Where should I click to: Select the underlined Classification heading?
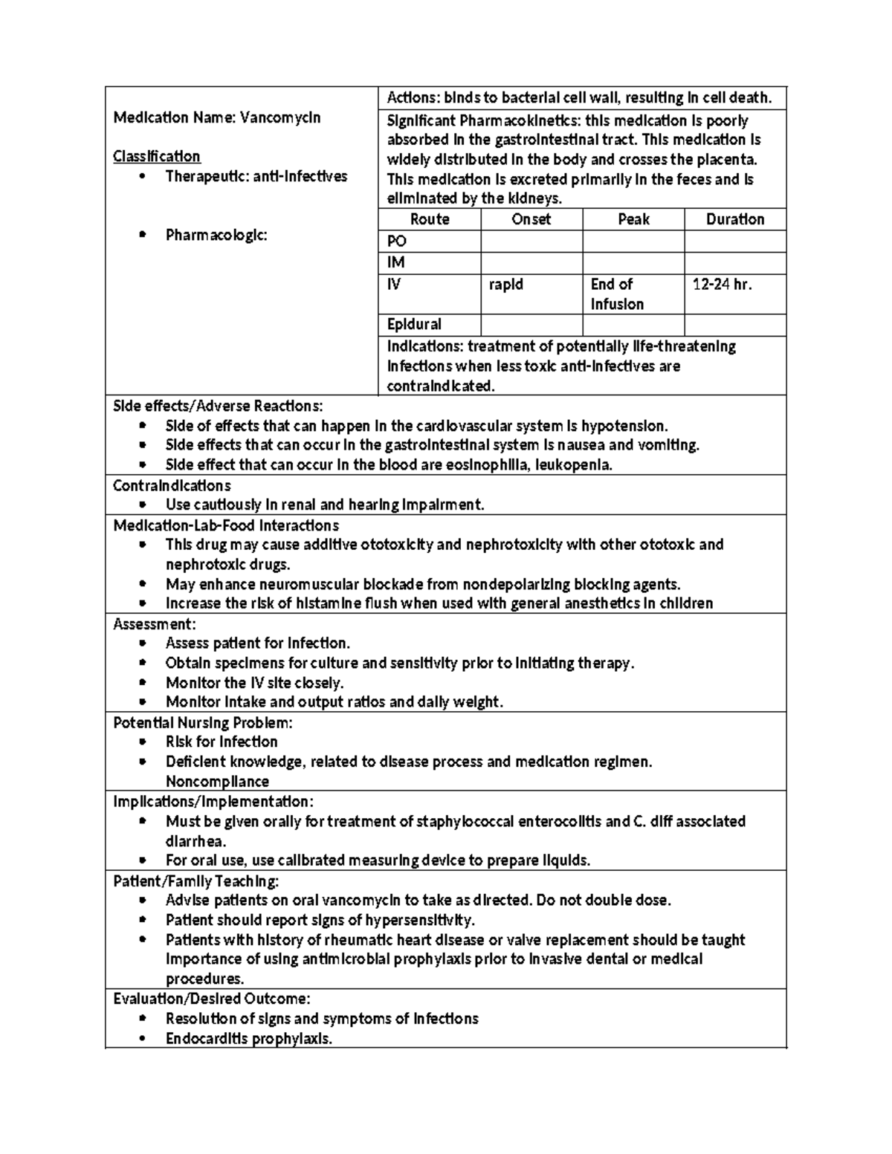156,156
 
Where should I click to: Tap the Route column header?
430,219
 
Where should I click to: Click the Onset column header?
531,219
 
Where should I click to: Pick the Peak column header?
633,219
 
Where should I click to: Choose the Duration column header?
734,219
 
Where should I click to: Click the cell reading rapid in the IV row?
505,285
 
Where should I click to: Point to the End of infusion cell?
616,294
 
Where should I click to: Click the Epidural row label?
414,325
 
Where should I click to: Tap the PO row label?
397,242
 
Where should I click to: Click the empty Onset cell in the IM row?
531,263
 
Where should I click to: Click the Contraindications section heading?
172,485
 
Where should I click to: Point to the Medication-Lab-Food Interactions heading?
226,525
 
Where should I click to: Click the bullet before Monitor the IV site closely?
143,683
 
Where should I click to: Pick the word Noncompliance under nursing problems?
217,781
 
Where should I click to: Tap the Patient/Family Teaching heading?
195,881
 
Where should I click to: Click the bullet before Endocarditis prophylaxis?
143,1039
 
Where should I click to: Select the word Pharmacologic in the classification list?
216,236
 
